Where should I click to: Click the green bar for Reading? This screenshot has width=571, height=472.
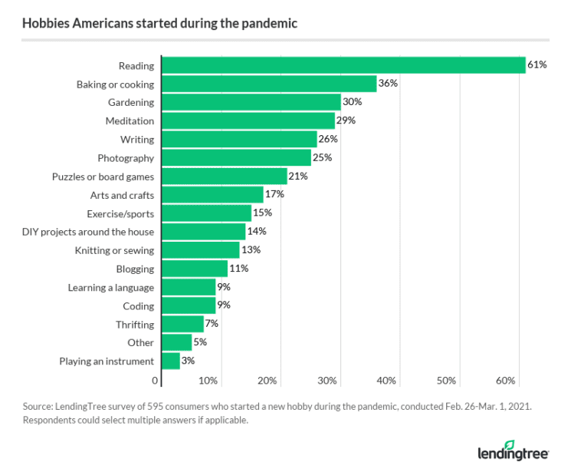coord(343,65)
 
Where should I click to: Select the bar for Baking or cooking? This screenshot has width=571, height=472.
coord(268,84)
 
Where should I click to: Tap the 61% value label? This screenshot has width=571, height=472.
coord(537,65)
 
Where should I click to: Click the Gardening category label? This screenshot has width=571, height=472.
coord(130,102)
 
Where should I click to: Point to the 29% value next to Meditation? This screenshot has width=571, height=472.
coord(347,120)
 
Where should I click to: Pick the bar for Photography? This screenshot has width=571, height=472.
coord(236,158)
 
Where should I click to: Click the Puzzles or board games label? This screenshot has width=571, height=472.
coord(103,177)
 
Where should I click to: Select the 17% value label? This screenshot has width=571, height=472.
coord(275,195)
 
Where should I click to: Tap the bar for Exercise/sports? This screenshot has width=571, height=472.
coord(205,213)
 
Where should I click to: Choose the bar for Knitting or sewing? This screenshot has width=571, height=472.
coord(200,250)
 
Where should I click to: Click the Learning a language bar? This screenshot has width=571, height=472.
coord(188,287)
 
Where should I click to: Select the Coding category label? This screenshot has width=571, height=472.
coord(138,305)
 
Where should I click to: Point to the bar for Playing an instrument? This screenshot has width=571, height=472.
coord(170,361)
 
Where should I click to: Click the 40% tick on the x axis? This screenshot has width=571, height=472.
coord(386,381)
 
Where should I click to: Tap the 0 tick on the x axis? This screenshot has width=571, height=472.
coord(155,381)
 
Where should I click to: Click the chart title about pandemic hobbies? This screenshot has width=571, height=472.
coord(159,24)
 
